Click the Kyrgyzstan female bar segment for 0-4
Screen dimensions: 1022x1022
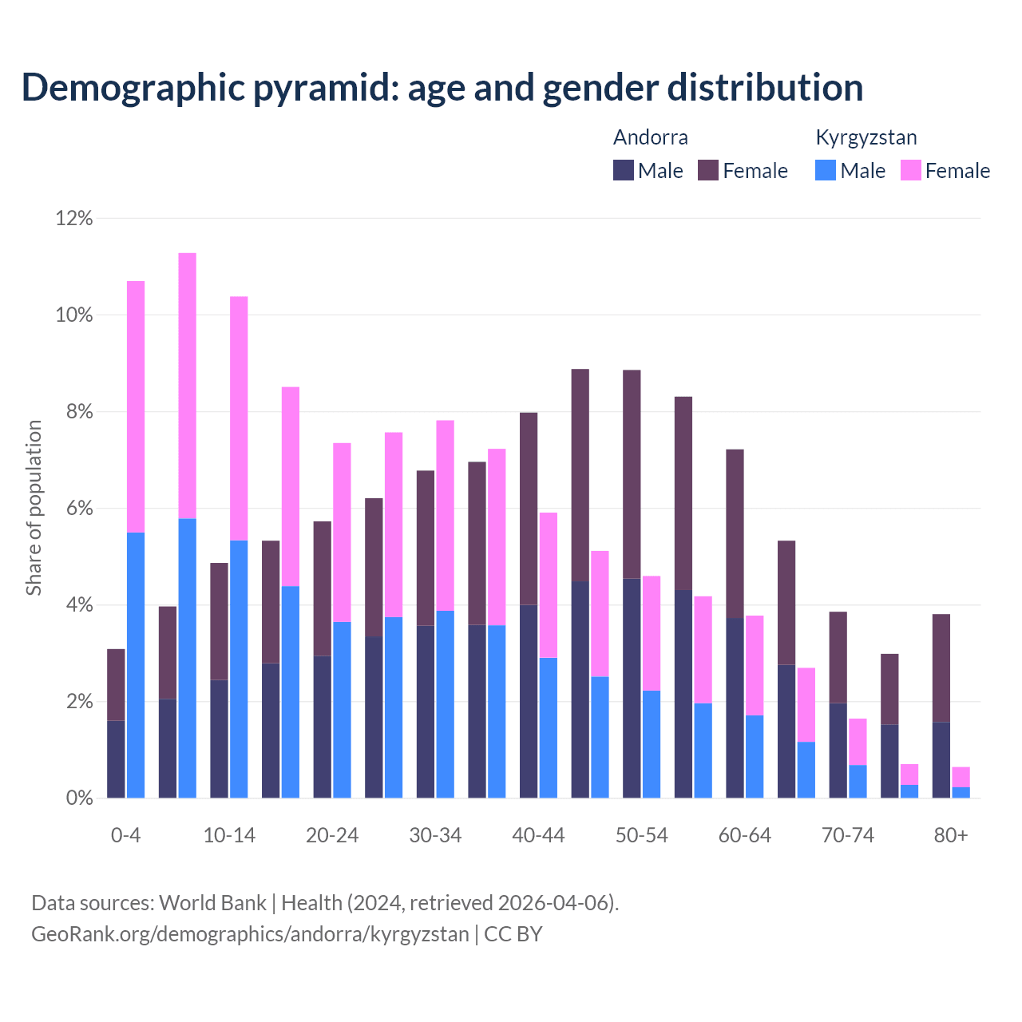pos(136,406)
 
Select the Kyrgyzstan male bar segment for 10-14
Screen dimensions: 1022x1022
pos(239,669)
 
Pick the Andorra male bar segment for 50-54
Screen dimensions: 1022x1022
pos(632,687)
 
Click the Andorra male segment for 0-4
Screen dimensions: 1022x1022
pos(116,759)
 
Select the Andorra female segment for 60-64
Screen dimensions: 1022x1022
pos(735,533)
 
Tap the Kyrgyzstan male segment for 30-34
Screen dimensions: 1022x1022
pos(445,704)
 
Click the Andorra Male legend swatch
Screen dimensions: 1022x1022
pos(624,170)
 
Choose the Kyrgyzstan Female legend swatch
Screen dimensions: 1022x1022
pos(911,170)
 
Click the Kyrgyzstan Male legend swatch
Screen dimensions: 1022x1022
pos(826,170)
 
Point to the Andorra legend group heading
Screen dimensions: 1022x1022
pos(650,137)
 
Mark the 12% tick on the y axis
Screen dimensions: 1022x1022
pos(74,218)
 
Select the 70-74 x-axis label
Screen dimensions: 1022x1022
pos(848,836)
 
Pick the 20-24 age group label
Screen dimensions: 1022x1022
pos(332,836)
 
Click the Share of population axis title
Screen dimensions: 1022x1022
pos(34,508)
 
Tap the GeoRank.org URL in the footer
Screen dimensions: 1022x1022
pos(250,933)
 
